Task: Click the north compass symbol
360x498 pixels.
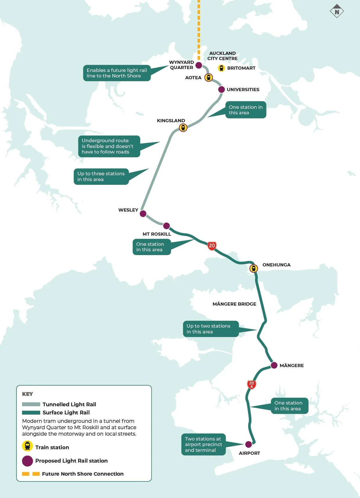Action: [337, 12]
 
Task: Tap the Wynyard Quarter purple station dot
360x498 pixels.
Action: [199, 65]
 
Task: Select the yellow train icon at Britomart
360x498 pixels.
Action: [222, 68]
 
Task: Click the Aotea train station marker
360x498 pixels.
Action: [208, 77]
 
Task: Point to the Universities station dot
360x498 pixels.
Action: [222, 89]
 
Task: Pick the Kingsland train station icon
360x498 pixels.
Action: [183, 127]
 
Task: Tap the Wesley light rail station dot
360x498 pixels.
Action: [143, 214]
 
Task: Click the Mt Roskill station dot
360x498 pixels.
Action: [166, 226]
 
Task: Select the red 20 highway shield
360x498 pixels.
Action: [212, 246]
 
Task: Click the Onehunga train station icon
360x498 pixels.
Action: [254, 268]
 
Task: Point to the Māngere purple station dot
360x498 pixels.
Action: [274, 365]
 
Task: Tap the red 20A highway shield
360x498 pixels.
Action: [251, 385]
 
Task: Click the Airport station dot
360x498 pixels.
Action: [249, 444]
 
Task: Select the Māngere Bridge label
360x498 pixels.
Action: [234, 304]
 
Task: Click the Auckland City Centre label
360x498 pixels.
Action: [222, 56]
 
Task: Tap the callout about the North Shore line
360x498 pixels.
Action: [117, 73]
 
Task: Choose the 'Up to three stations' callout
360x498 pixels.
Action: [101, 176]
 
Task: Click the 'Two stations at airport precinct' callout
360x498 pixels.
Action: [203, 444]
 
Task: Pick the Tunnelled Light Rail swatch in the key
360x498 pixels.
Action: [31, 404]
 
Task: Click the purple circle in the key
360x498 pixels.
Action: [28, 461]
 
